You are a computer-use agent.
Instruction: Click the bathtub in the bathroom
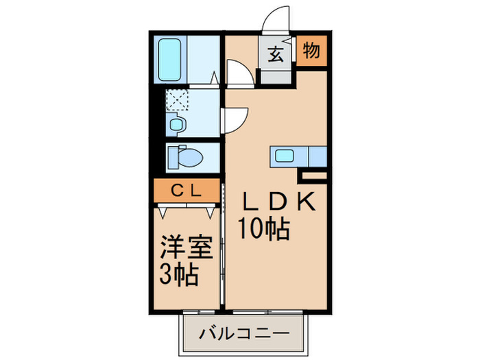pyautogui.click(x=169, y=58)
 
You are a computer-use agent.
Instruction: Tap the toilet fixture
pyautogui.click(x=185, y=158)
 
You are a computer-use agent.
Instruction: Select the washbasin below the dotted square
pyautogui.click(x=176, y=124)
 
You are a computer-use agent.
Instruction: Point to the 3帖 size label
pyautogui.click(x=180, y=274)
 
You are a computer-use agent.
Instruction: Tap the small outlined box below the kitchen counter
pyautogui.click(x=322, y=176)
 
